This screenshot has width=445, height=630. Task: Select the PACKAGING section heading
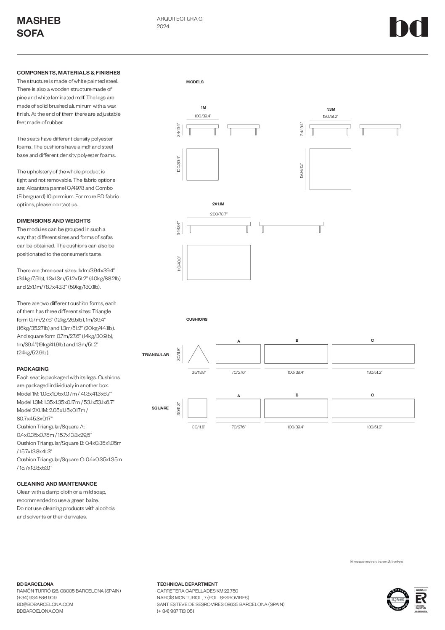[x=33, y=369]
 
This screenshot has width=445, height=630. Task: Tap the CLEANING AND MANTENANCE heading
[x=57, y=484]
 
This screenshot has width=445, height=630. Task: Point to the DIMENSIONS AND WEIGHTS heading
[x=53, y=221]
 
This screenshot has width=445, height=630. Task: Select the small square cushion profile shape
[x=197, y=408]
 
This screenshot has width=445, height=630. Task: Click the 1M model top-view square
[x=202, y=164]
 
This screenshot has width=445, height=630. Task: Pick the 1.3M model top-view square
[x=330, y=169]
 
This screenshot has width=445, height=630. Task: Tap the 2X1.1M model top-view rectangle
[x=218, y=262]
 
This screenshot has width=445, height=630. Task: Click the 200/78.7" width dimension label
[x=219, y=214]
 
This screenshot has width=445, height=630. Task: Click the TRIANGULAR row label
[x=155, y=355]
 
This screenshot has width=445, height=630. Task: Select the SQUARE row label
[x=160, y=408]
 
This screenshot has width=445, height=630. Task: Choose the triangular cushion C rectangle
[x=373, y=354]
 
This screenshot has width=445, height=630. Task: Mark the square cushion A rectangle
[x=238, y=408]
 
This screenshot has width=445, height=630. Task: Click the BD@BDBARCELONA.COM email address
[x=45, y=604]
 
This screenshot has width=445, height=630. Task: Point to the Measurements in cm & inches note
[x=376, y=562]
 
